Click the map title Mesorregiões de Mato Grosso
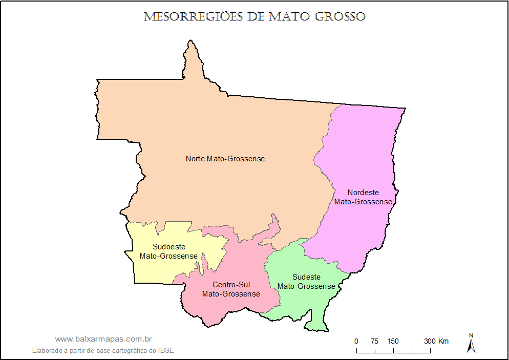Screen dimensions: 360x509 tap(254, 17)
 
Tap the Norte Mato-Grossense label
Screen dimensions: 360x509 tap(225, 159)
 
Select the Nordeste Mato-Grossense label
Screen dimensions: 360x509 tap(364, 197)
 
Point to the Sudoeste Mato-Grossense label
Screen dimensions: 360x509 tap(169, 251)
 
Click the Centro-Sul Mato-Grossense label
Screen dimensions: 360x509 tap(231, 289)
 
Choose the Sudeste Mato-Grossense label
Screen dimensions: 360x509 tap(306, 282)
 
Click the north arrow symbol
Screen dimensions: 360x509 tap(471, 344)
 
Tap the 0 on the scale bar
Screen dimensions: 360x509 tap(356, 342)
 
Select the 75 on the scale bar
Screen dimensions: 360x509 tap(374, 342)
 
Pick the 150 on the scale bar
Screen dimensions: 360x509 tap(393, 342)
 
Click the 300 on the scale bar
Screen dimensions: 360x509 tap(429, 342)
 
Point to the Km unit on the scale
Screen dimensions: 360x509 tap(443, 342)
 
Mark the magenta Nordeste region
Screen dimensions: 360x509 tap(358, 154)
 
